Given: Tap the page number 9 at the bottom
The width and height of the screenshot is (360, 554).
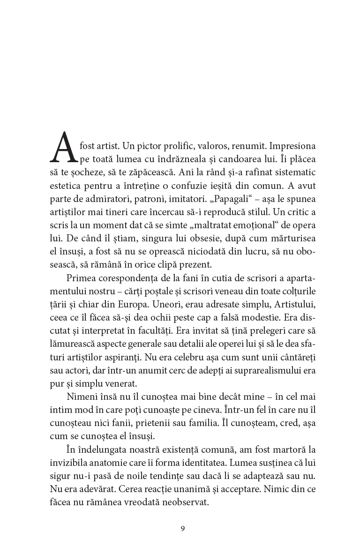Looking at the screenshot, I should point(183,529).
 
